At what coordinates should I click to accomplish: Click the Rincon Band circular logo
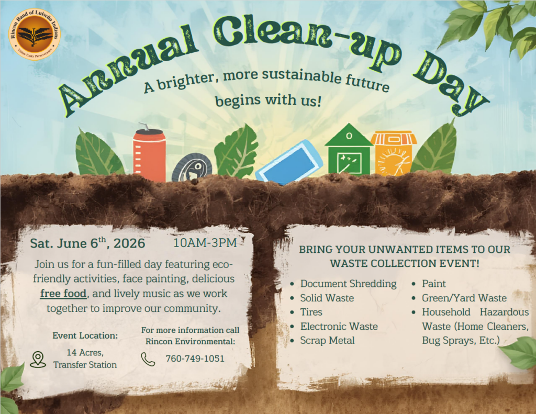pyautogui.click(x=34, y=34)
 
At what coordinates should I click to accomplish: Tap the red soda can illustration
pyautogui.click(x=149, y=155)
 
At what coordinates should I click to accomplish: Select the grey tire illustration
pyautogui.click(x=192, y=167)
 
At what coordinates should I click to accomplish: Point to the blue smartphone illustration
pyautogui.click(x=289, y=162)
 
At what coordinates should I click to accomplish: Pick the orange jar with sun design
pyautogui.click(x=394, y=153)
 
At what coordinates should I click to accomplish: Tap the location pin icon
pyautogui.click(x=38, y=360)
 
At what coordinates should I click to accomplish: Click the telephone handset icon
pyautogui.click(x=148, y=359)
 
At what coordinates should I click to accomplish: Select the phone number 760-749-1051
pyautogui.click(x=195, y=359)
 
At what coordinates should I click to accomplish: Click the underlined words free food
pyautogui.click(x=63, y=294)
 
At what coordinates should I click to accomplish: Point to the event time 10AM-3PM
pyautogui.click(x=205, y=243)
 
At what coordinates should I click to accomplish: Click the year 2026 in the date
pyautogui.click(x=129, y=243)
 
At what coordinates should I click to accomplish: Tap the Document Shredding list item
pyautogui.click(x=348, y=284)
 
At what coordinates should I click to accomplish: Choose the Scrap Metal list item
pyautogui.click(x=328, y=341)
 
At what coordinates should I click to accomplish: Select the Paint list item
pyautogui.click(x=434, y=284)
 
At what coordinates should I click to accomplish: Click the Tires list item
pyautogui.click(x=311, y=312)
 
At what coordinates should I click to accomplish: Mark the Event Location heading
pyautogui.click(x=85, y=335)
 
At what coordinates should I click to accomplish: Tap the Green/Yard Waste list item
pyautogui.click(x=464, y=298)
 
